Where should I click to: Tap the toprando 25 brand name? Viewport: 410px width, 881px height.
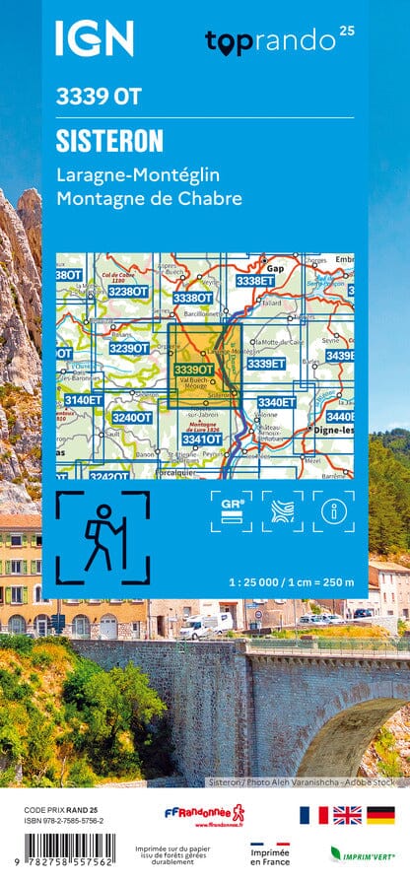(272, 41)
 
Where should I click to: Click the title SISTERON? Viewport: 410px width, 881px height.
(110, 141)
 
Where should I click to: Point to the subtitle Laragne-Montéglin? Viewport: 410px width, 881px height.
(139, 174)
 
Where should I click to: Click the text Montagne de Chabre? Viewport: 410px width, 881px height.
(149, 198)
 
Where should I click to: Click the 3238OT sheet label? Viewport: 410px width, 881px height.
(128, 292)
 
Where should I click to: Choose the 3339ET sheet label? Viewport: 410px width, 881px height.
(265, 364)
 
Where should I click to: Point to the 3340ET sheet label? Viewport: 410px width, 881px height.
(275, 402)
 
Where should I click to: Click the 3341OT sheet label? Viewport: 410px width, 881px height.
(201, 440)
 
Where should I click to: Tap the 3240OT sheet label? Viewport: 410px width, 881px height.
(131, 418)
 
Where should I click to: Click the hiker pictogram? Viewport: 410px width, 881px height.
(102, 538)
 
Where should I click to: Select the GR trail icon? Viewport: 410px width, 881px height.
(232, 510)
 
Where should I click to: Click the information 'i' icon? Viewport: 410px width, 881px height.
(333, 510)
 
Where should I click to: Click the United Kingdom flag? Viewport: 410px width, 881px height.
(347, 814)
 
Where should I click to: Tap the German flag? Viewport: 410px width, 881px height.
(380, 814)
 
